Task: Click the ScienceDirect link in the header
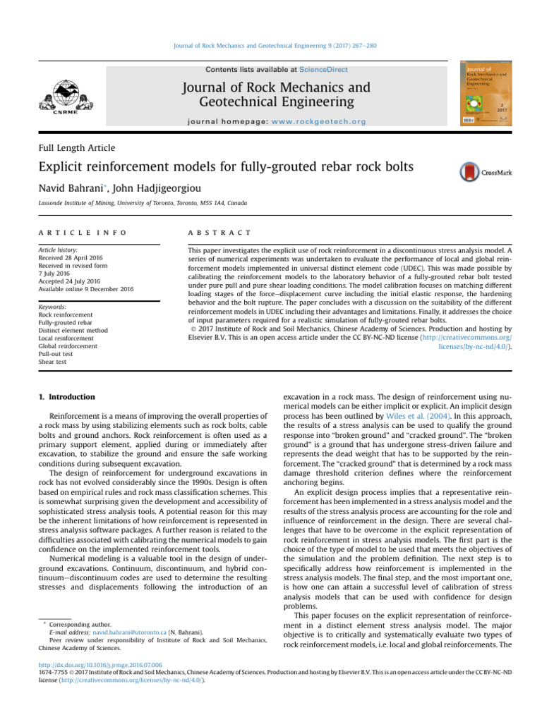coord(323,70)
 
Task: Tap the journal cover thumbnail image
coord(486,94)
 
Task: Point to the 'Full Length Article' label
coord(77,147)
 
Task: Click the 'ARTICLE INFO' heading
coord(83,232)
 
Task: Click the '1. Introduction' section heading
coord(66,397)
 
